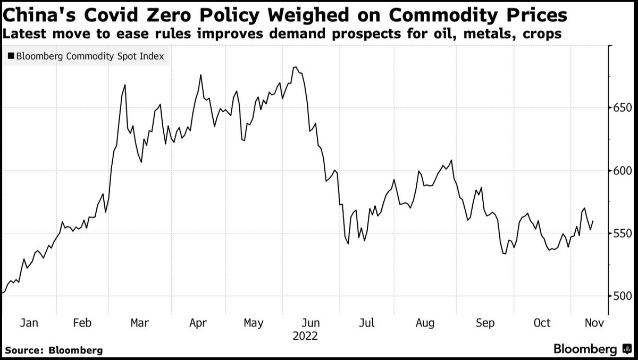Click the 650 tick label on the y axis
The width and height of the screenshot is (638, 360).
pyautogui.click(x=622, y=108)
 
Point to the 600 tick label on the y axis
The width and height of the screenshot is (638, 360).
pyautogui.click(x=622, y=171)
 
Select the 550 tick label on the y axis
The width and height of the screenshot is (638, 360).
pyautogui.click(x=622, y=233)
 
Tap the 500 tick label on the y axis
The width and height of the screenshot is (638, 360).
pyautogui.click(x=622, y=296)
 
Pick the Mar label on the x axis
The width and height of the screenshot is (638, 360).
pyautogui.click(x=139, y=323)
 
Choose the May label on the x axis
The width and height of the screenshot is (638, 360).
pyautogui.click(x=253, y=323)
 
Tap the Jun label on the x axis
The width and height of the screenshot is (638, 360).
pyautogui.click(x=311, y=323)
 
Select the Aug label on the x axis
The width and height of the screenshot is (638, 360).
pyautogui.click(x=425, y=323)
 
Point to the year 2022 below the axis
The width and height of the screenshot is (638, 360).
pyautogui.click(x=305, y=337)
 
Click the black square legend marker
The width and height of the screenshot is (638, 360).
pyautogui.click(x=11, y=56)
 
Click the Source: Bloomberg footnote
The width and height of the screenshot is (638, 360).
pyautogui.click(x=54, y=350)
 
